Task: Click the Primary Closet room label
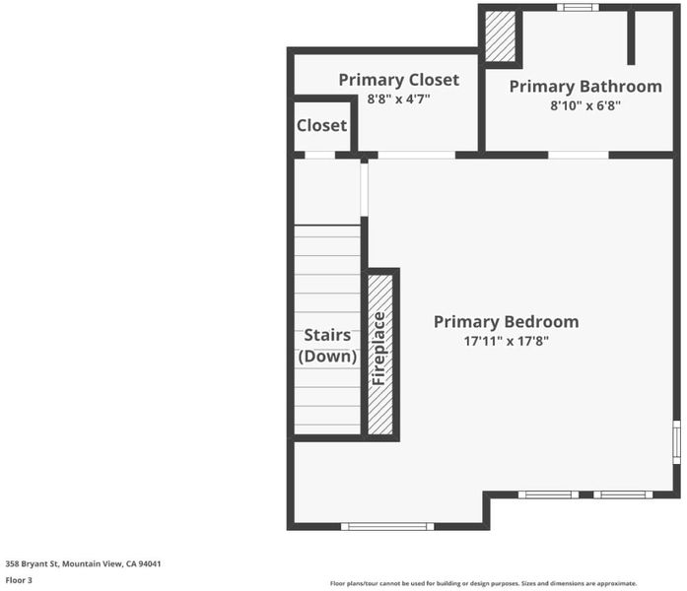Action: [x=399, y=80]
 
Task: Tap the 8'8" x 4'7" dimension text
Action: [x=398, y=98]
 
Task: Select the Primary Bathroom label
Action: [x=585, y=87]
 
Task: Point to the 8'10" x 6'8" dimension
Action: [x=585, y=105]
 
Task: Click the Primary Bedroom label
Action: [x=506, y=322]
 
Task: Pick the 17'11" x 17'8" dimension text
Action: [x=506, y=341]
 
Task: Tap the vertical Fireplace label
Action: [x=378, y=349]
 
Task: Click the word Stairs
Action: [x=327, y=335]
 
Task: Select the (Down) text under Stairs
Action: [x=327, y=356]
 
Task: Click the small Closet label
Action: [x=321, y=126]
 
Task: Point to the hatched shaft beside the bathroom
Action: [x=500, y=36]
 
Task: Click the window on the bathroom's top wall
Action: [x=578, y=8]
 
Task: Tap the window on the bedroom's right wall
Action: [x=676, y=442]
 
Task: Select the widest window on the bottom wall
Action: [x=387, y=527]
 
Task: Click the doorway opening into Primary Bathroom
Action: [x=579, y=155]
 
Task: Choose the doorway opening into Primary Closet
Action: [x=417, y=155]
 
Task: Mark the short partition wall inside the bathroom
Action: [x=631, y=37]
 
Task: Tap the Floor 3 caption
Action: [x=19, y=580]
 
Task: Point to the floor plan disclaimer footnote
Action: [x=483, y=583]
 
